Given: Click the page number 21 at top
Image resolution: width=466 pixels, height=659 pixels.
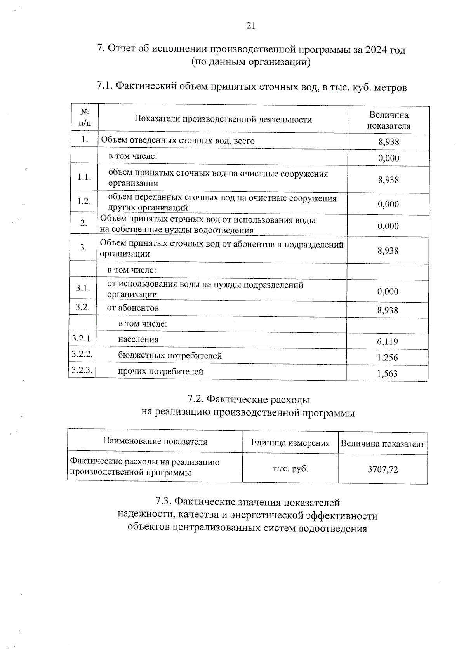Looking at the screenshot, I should click(250, 26).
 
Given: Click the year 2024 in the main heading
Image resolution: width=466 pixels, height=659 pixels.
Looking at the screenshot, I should click(376, 50).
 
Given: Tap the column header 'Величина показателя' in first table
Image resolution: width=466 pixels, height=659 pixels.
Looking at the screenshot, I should click(389, 120).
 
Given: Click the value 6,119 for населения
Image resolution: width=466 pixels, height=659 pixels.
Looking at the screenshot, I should click(387, 342).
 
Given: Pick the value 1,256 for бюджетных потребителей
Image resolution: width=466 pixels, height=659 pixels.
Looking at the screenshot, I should click(387, 358).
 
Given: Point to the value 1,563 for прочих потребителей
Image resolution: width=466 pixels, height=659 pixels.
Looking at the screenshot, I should click(387, 374).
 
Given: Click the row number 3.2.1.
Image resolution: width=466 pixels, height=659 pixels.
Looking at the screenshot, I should click(82, 339).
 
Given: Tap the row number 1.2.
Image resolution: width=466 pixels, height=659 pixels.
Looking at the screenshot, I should click(84, 201).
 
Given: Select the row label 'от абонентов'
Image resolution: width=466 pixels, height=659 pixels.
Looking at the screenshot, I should click(133, 308).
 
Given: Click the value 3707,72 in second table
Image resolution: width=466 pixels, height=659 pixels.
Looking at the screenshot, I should click(383, 469).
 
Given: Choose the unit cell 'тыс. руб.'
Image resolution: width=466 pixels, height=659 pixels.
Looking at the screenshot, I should click(290, 469).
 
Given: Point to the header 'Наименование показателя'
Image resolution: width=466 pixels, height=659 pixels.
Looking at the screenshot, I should click(155, 442).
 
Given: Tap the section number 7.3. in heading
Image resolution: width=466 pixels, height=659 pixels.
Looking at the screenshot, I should click(163, 502).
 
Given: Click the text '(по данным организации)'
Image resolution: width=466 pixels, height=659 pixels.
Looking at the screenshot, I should click(251, 62).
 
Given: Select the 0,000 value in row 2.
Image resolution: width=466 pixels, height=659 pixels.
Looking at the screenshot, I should click(388, 226).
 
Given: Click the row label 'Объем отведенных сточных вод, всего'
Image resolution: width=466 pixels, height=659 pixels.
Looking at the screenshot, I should click(178, 141).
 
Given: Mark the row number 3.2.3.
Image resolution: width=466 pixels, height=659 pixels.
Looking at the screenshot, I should click(82, 370).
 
